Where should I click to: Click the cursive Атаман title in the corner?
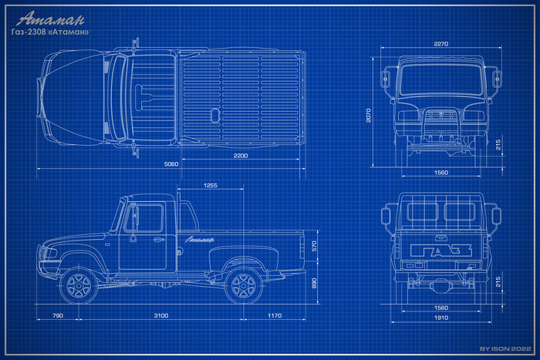click(50, 19)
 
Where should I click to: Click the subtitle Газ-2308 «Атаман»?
click(50, 32)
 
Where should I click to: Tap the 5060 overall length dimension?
click(171, 164)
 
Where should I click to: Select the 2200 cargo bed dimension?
click(241, 156)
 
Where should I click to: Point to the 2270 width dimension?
click(440, 44)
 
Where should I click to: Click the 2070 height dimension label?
click(369, 116)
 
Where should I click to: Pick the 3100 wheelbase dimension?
click(160, 315)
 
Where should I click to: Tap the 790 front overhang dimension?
click(58, 315)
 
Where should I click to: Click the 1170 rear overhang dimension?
click(275, 315)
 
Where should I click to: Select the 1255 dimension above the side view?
click(210, 186)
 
